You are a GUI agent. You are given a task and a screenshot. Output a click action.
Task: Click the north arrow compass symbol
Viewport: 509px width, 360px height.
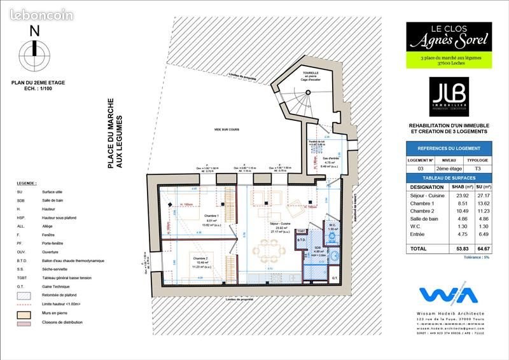(35, 53)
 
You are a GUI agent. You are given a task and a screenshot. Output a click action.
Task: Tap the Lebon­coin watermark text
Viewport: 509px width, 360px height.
(39, 15)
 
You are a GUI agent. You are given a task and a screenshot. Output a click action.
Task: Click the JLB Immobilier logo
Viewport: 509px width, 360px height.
(448, 94)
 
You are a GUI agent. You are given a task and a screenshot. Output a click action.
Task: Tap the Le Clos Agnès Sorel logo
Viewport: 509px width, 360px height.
(449, 38)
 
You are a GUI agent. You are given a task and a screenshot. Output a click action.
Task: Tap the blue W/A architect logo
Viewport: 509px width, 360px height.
(449, 296)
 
